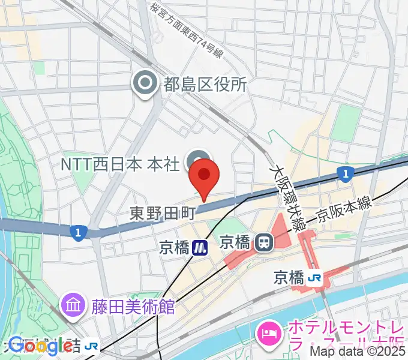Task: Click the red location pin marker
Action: tap(204, 175)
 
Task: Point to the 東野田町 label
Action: tap(163, 212)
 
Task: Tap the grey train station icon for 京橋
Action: tap(263, 242)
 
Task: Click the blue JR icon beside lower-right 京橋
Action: tap(314, 278)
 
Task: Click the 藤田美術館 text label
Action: tap(133, 307)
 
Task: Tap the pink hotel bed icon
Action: tap(268, 332)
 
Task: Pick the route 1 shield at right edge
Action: tap(344, 175)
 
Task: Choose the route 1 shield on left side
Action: tap(77, 232)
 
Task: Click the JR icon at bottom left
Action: tap(92, 346)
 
